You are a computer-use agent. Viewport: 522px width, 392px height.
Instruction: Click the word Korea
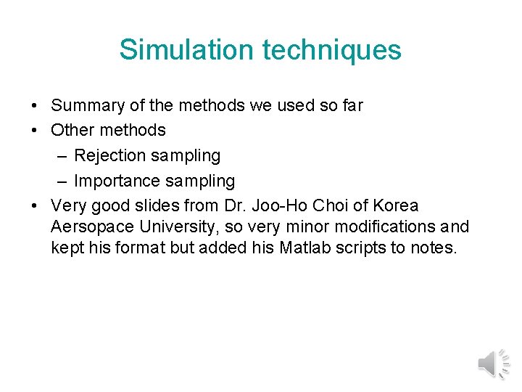pyautogui.click(x=394, y=205)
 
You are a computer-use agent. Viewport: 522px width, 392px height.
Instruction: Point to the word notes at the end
pyautogui.click(x=434, y=248)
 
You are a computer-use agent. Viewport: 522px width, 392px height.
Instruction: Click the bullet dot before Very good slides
pyautogui.click(x=36, y=205)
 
